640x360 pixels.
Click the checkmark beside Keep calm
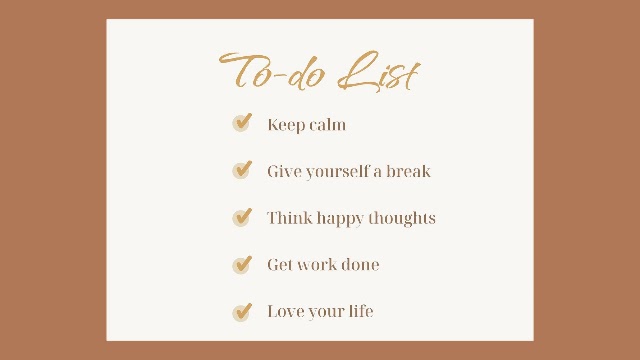pyautogui.click(x=242, y=122)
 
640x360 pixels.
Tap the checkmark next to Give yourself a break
pyautogui.click(x=242, y=169)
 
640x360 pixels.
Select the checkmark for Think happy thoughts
pyautogui.click(x=242, y=216)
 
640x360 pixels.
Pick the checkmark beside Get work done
pyautogui.click(x=242, y=264)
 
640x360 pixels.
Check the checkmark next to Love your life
pyautogui.click(x=242, y=312)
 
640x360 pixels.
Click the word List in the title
pyautogui.click(x=379, y=71)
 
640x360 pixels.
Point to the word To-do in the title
pyautogui.click(x=272, y=70)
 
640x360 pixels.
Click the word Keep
pyautogui.click(x=283, y=125)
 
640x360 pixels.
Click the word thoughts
pyautogui.click(x=402, y=218)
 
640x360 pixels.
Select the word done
pyautogui.click(x=360, y=264)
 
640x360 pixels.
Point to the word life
pyautogui.click(x=361, y=311)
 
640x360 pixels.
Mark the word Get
pyautogui.click(x=279, y=264)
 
